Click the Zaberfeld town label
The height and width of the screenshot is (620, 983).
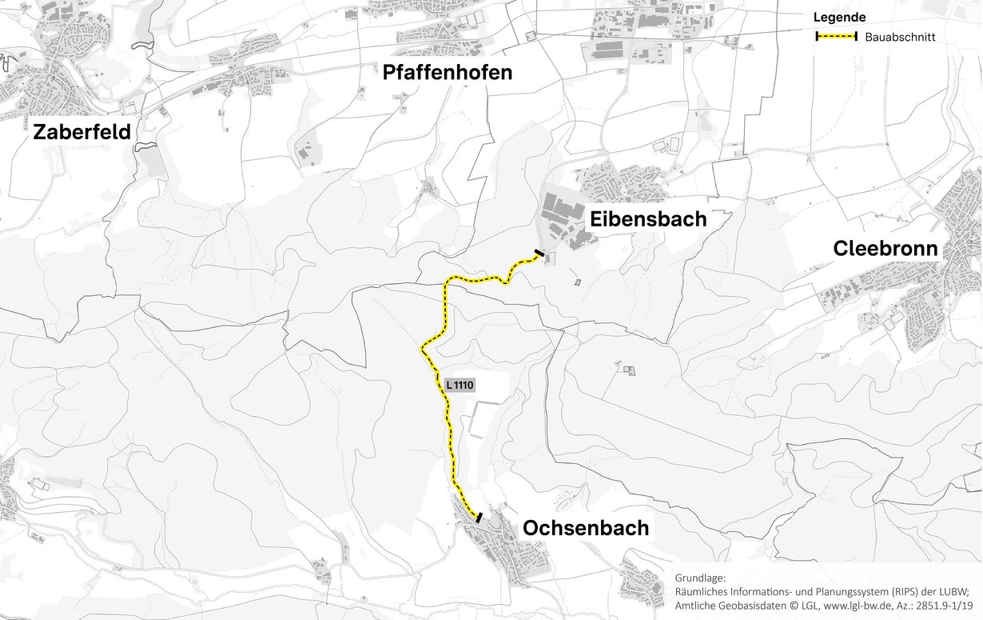(x=81, y=132)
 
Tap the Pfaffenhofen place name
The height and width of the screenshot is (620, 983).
(x=447, y=74)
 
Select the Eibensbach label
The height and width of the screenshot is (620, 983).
(x=648, y=219)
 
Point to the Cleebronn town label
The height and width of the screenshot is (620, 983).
(x=885, y=249)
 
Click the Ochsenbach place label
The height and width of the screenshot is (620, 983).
(x=585, y=528)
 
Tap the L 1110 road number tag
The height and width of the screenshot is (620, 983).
(x=460, y=385)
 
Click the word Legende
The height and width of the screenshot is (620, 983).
(x=839, y=18)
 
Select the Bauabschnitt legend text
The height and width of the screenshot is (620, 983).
(x=900, y=37)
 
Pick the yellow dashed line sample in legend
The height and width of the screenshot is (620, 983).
(x=836, y=37)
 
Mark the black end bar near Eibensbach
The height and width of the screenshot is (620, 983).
(x=540, y=254)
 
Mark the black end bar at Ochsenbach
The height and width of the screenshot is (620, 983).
(x=478, y=518)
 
